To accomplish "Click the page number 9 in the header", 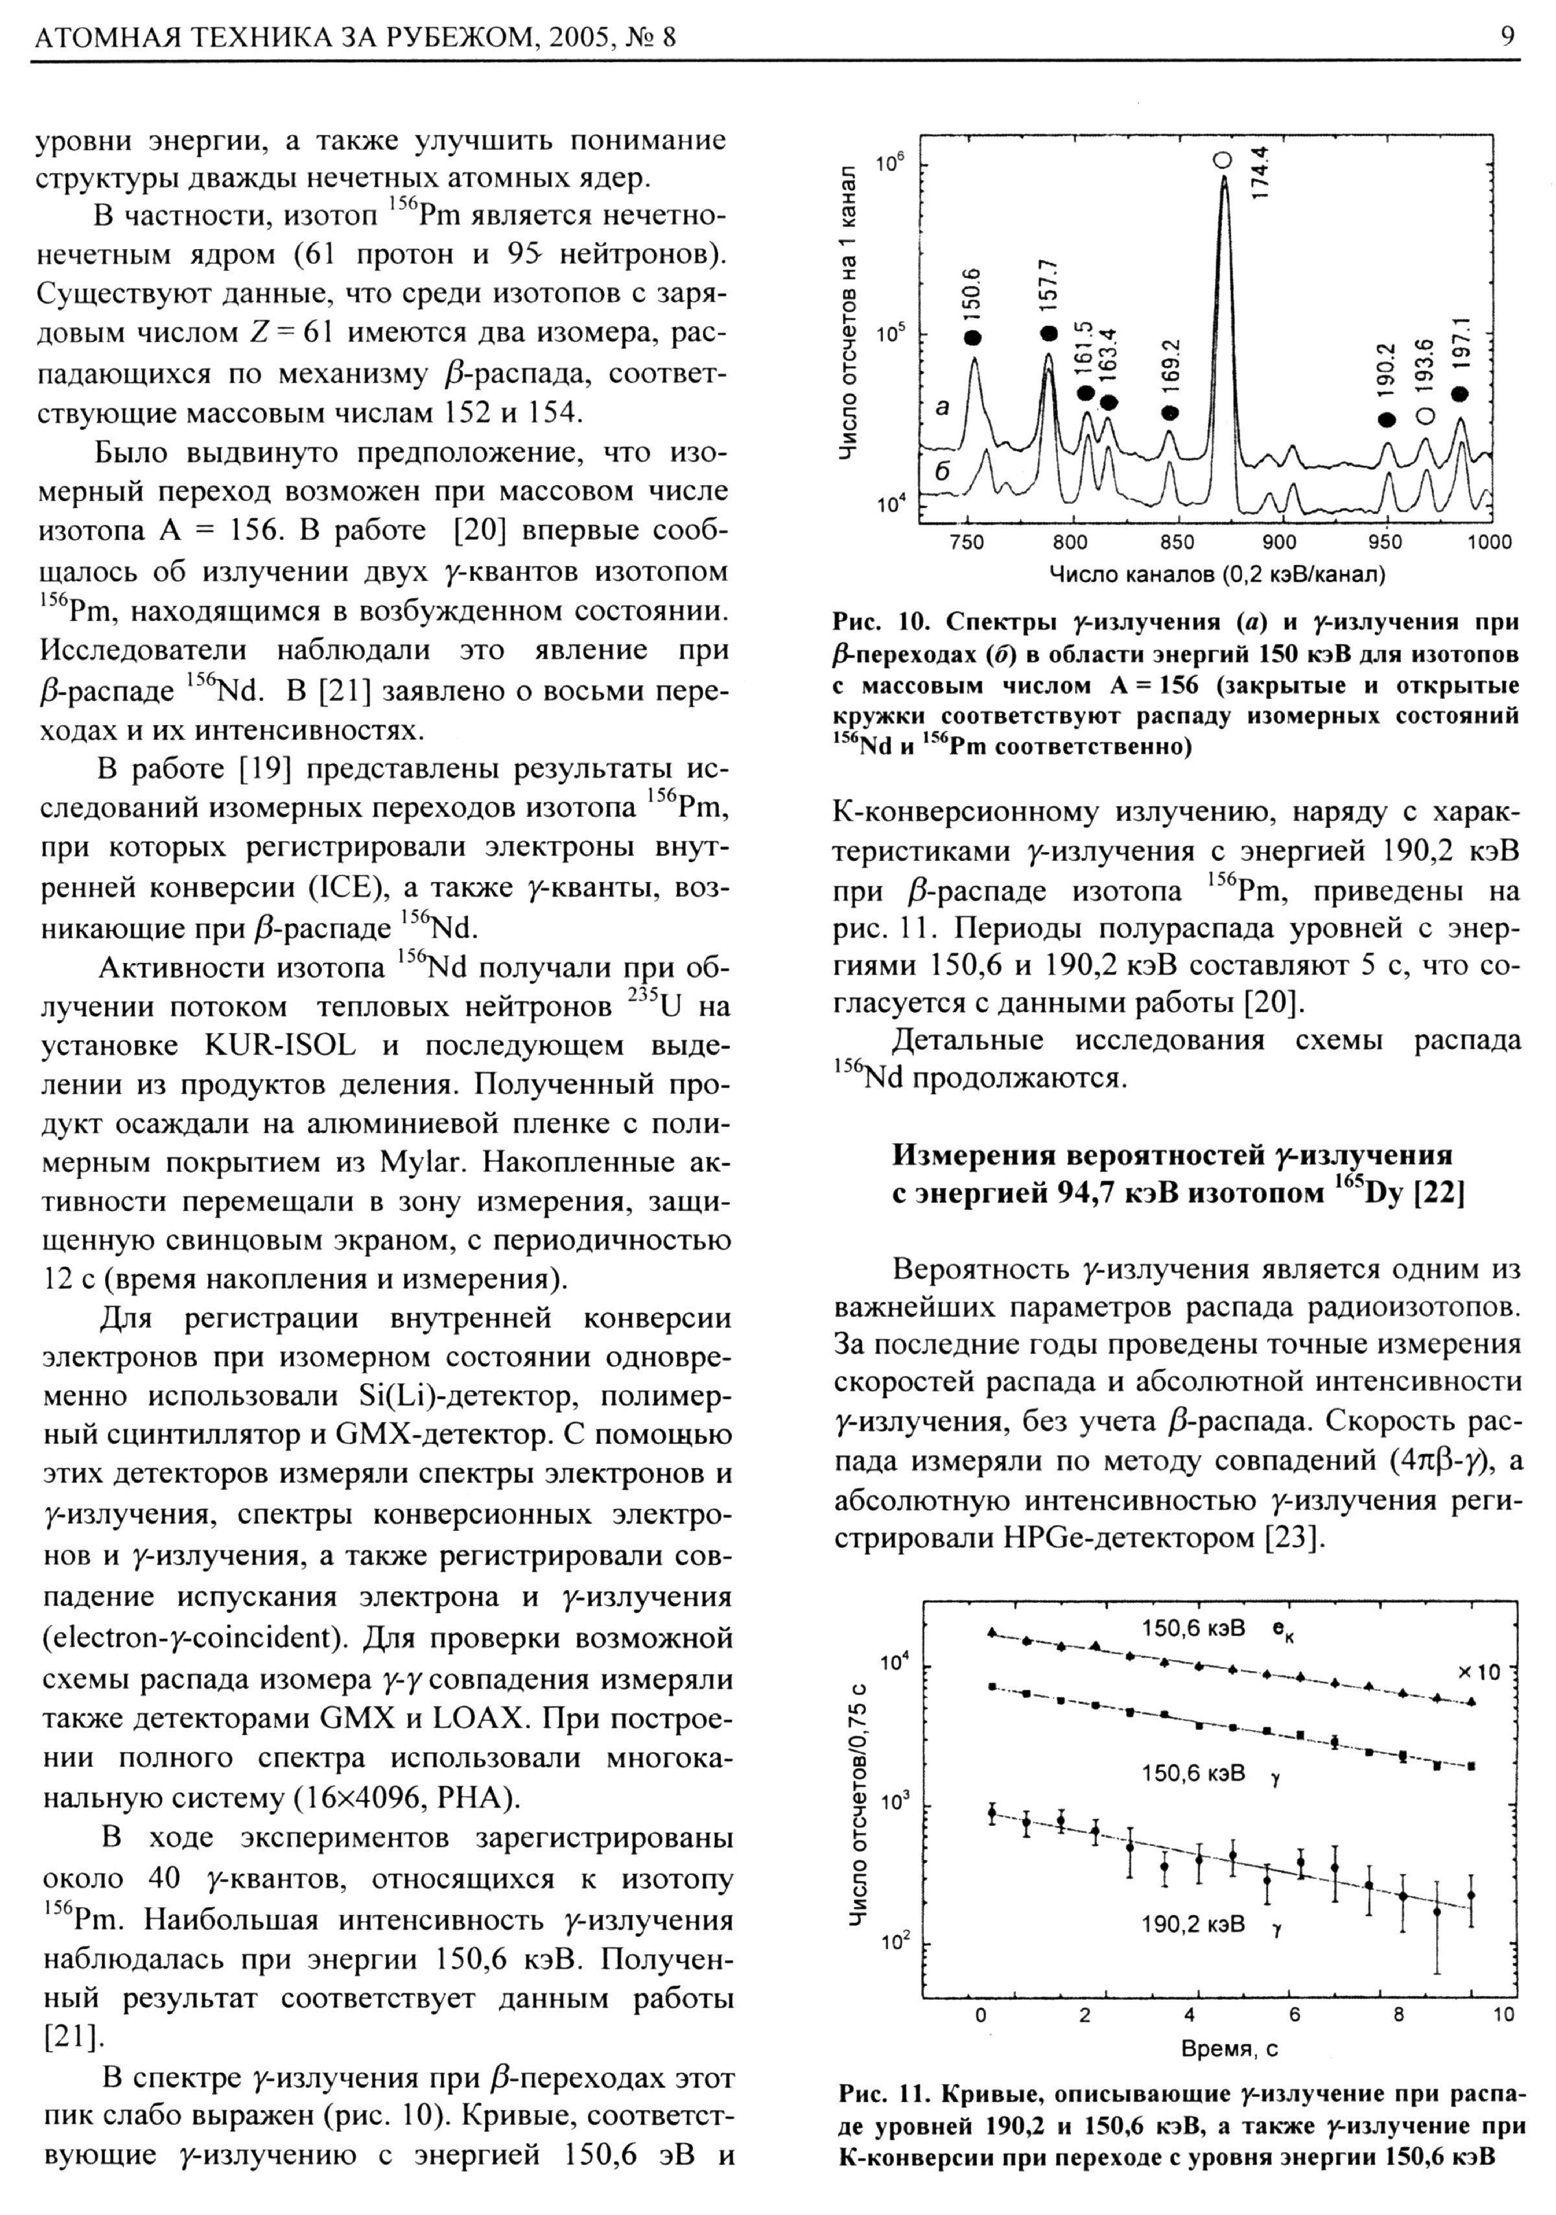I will click(x=1508, y=37).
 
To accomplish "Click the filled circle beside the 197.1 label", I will click(x=1459, y=394).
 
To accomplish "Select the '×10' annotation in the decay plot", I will click(x=1479, y=1672).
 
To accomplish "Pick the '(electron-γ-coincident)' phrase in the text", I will click(x=185, y=1637).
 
